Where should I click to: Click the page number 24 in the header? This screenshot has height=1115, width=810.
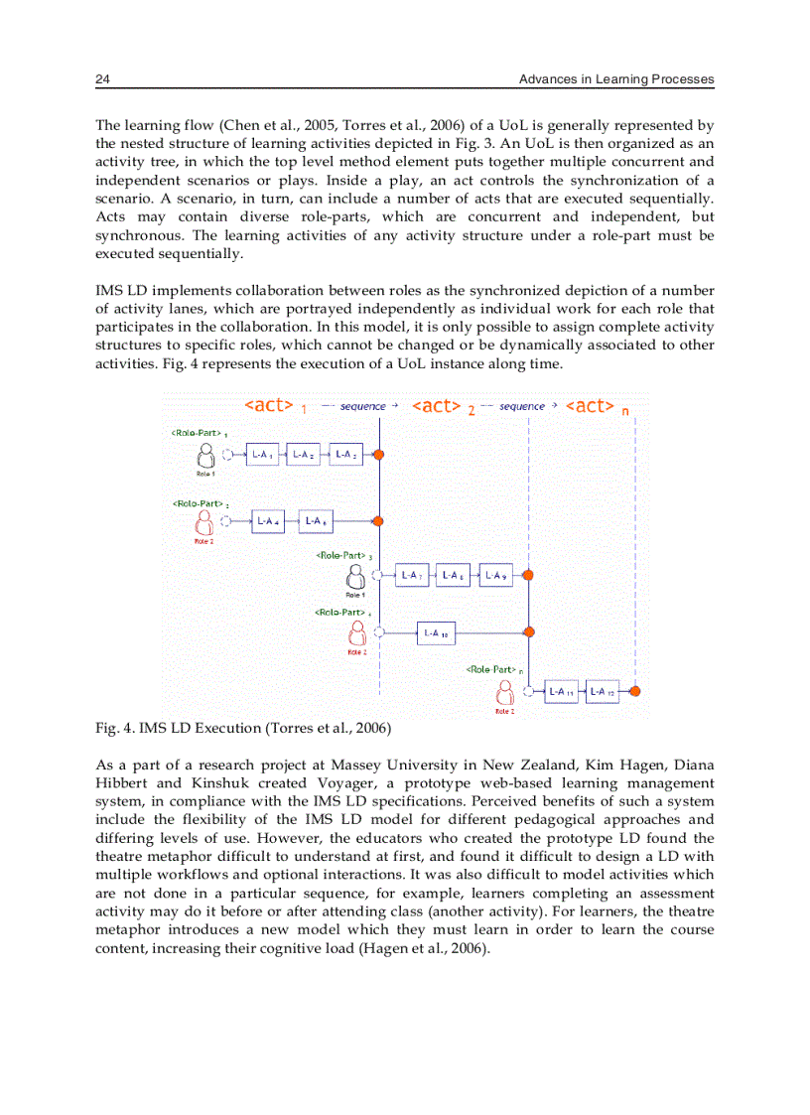pos(101,79)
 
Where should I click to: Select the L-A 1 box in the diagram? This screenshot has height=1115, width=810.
pos(262,455)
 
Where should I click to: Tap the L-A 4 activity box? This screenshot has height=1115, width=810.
pos(267,520)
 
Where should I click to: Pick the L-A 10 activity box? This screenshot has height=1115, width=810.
pos(436,631)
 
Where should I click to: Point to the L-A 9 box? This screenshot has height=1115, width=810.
pos(495,575)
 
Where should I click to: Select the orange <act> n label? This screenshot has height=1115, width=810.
pos(596,406)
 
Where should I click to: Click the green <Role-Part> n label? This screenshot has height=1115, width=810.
pos(493,669)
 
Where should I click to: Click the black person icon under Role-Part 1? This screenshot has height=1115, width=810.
pos(206,456)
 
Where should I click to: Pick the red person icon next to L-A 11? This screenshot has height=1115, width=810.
pos(505,691)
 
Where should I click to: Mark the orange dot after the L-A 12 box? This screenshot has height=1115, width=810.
pos(634,691)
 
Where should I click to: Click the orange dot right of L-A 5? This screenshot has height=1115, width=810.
pos(379,520)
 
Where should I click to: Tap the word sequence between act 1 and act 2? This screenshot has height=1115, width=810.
pos(362,406)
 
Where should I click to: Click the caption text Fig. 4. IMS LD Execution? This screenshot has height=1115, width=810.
pos(243,729)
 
